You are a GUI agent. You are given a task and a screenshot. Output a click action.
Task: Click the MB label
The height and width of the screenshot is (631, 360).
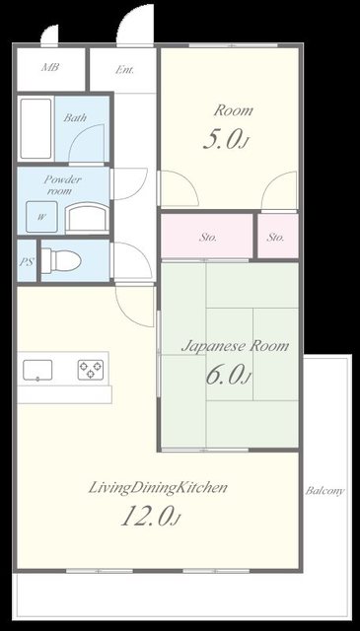[50, 67]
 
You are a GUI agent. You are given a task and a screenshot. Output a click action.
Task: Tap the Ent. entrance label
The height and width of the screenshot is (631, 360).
[124, 70]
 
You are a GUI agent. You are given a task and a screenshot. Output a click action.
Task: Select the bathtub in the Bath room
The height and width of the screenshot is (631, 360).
[36, 128]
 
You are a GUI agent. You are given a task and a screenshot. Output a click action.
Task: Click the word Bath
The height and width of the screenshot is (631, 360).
[75, 118]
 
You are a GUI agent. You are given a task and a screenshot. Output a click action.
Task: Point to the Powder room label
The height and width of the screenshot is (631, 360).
[61, 185]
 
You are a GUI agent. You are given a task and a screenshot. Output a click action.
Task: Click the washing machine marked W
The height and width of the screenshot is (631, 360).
[41, 217]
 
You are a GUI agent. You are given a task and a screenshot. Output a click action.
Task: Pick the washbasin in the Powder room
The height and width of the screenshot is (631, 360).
[87, 218]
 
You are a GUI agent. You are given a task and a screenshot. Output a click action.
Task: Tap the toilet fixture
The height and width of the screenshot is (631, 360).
[61, 260]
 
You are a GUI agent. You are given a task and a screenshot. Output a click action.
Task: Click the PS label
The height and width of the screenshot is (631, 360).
[27, 261]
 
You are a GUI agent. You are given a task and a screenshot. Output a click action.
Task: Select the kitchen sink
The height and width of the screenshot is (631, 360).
[37, 371]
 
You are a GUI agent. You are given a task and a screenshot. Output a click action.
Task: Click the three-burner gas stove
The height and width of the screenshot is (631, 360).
[91, 370]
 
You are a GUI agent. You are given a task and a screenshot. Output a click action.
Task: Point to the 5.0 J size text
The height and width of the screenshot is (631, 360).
[225, 140]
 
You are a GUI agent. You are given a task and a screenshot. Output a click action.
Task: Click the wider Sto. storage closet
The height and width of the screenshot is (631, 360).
[207, 236]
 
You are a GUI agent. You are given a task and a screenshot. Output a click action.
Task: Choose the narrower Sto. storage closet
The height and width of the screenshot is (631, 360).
[278, 236]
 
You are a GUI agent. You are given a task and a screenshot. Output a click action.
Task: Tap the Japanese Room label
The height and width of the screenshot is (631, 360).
[235, 346]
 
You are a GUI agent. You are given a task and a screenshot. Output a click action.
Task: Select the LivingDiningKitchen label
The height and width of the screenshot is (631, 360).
[158, 488]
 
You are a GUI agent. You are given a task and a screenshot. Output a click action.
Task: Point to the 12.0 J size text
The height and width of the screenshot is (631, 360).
[150, 516]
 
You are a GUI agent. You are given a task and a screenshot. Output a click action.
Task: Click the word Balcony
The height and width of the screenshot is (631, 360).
[324, 491]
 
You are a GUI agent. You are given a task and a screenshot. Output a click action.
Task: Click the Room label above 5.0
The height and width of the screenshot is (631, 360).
[233, 110]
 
